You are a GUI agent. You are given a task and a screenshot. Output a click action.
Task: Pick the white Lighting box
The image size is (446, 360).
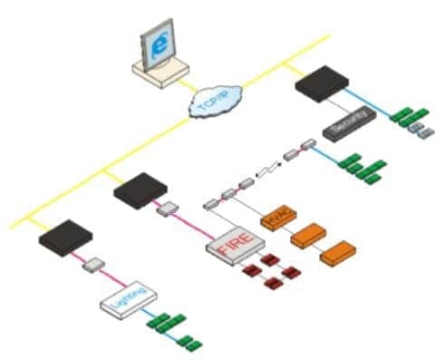click(x=128, y=301)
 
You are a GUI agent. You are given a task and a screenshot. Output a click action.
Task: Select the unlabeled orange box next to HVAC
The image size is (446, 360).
click(x=308, y=233)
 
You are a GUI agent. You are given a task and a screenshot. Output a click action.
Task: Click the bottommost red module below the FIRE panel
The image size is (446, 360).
click(x=267, y=287)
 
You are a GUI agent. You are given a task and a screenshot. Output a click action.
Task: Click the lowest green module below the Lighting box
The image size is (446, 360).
click(x=189, y=343)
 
